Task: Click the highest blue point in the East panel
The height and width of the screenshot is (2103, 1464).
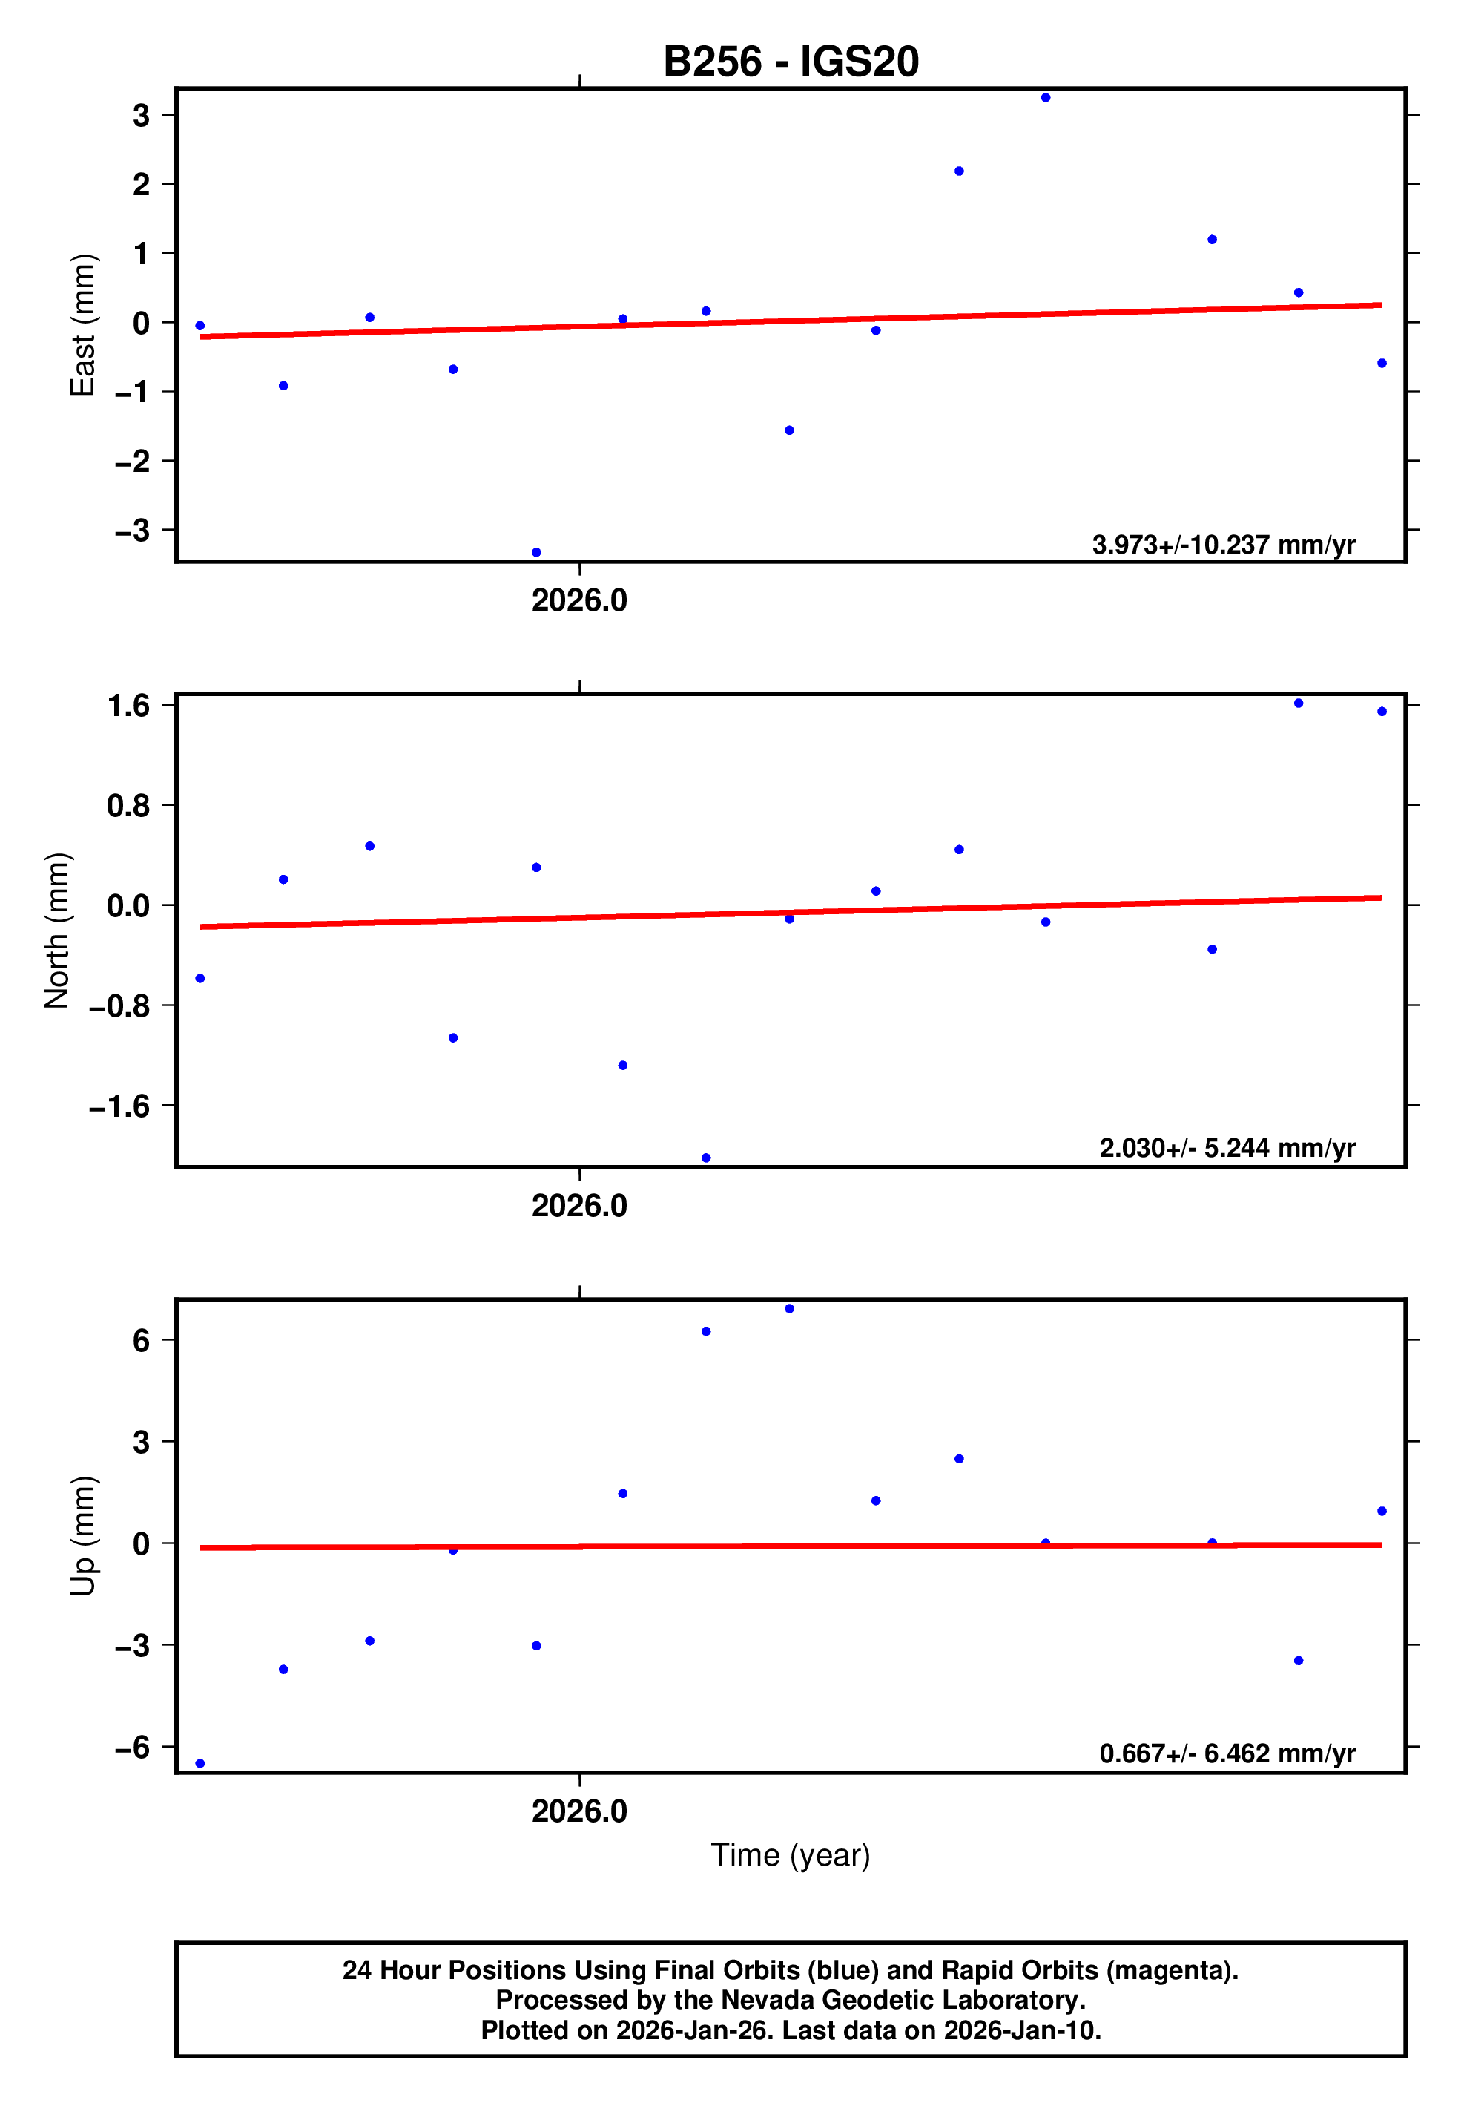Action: pos(1046,98)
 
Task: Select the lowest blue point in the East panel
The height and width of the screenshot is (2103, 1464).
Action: pos(536,552)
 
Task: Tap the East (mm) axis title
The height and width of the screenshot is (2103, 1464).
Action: pos(82,325)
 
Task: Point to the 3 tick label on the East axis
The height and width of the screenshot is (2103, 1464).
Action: pos(141,116)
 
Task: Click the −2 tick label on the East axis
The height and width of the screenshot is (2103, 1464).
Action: pos(132,461)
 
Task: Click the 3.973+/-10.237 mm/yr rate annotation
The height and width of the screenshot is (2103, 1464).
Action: pos(1223,545)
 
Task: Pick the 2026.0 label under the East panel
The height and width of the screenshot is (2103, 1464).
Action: pos(579,601)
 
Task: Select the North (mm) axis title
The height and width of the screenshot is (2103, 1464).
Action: pos(57,931)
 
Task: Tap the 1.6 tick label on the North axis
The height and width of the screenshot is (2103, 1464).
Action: pos(128,705)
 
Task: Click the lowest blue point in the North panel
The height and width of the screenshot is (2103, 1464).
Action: pos(706,1158)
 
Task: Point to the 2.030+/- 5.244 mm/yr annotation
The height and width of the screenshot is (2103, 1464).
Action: pos(1227,1148)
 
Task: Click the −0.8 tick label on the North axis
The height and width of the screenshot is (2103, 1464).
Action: pos(119,1005)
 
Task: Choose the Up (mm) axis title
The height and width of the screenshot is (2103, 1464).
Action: pos(82,1536)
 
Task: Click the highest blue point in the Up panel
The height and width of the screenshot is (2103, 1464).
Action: pos(789,1309)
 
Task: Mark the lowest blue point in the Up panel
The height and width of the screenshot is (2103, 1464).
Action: pos(200,1763)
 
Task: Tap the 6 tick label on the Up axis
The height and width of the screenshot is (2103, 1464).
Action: pos(141,1341)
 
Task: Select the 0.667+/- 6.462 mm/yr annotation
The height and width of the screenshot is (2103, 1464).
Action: pos(1227,1753)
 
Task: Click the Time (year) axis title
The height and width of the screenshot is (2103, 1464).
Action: pos(790,1854)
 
